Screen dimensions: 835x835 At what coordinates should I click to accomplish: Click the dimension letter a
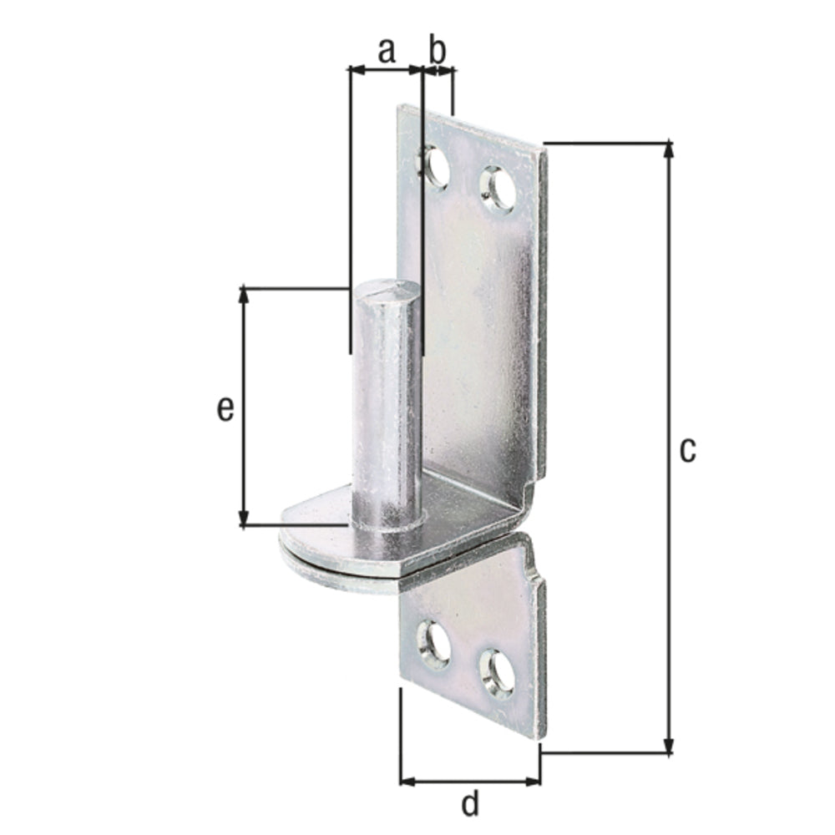[x=385, y=51]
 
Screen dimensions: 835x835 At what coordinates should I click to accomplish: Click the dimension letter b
[x=438, y=50]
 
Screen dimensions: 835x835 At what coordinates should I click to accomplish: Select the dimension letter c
[x=687, y=449]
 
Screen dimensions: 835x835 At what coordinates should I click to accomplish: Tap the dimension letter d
[x=471, y=804]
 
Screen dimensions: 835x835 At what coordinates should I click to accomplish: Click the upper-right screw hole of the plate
[x=498, y=189]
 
